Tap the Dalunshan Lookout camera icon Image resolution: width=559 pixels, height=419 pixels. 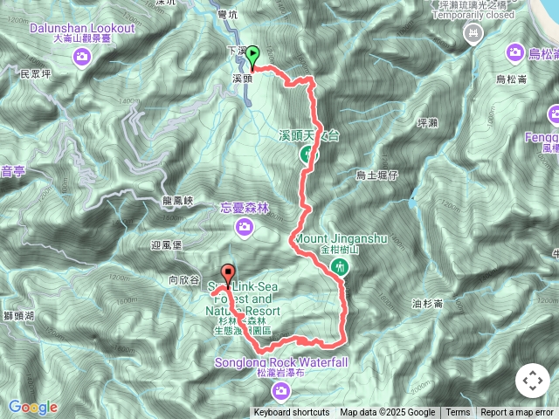point(82,58)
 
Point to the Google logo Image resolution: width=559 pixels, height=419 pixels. point(32,407)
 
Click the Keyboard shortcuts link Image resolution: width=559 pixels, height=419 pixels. point(292,413)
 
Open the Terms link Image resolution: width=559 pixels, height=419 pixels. point(458,413)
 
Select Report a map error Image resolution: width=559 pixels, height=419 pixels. point(517,413)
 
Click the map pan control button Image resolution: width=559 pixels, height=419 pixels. point(532,381)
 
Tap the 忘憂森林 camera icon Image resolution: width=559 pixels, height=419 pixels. point(245,228)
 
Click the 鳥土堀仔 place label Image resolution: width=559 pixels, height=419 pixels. point(377,175)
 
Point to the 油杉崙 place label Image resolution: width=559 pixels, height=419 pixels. point(427,303)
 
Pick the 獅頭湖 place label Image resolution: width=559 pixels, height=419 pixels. point(17,315)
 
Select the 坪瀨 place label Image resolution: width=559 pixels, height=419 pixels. point(430,123)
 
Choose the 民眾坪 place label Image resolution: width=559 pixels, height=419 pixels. point(37,74)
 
